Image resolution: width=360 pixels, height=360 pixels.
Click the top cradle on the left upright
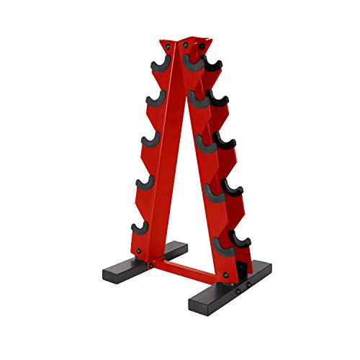(x=156, y=67)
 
